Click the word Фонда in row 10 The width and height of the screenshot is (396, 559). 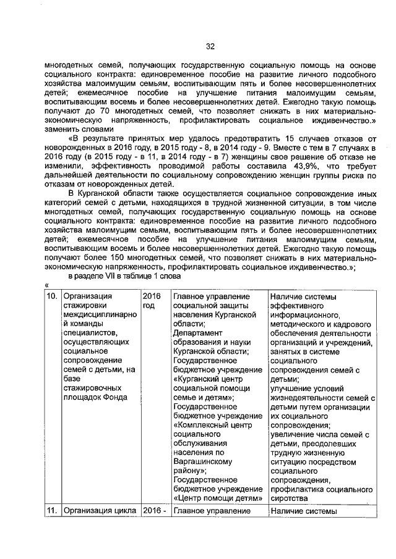pyautogui.click(x=115, y=397)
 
